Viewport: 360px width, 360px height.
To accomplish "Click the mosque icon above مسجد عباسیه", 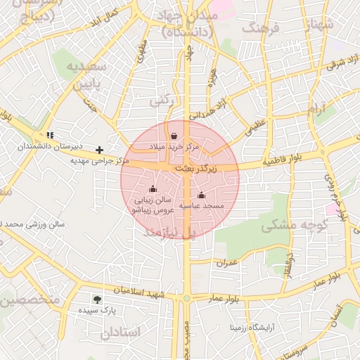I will (x=202, y=195).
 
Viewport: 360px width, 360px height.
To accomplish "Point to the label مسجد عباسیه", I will (x=202, y=206).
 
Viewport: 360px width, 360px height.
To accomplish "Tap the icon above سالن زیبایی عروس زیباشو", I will (x=153, y=188).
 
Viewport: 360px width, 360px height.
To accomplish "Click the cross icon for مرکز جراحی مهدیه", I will (x=100, y=150).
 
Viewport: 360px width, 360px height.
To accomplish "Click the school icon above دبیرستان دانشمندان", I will (x=49, y=134).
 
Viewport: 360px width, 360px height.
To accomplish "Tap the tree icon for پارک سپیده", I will (x=97, y=299).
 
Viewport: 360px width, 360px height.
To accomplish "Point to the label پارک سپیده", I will (x=97, y=310).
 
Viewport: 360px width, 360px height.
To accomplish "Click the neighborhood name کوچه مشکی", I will (x=286, y=227).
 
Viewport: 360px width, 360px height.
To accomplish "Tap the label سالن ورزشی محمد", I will (x=32, y=225).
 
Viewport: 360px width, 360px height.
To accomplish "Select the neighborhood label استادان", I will (x=120, y=332).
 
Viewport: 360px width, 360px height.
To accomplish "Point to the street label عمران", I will (x=228, y=262).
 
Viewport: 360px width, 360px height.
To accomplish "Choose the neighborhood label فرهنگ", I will (x=261, y=28).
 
